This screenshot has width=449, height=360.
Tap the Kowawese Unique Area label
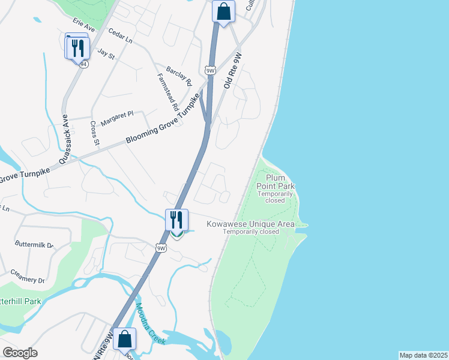pos(251,224)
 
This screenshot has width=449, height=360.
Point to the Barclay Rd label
pos(179,76)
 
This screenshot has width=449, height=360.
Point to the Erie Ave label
pos(84,25)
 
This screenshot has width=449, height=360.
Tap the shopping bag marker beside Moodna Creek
pos(125,340)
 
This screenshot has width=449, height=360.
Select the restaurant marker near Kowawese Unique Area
pos(176,220)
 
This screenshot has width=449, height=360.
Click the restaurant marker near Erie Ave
pos(78,48)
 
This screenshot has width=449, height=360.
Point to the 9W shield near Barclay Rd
pos(210,71)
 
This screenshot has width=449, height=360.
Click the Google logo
pos(20,353)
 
